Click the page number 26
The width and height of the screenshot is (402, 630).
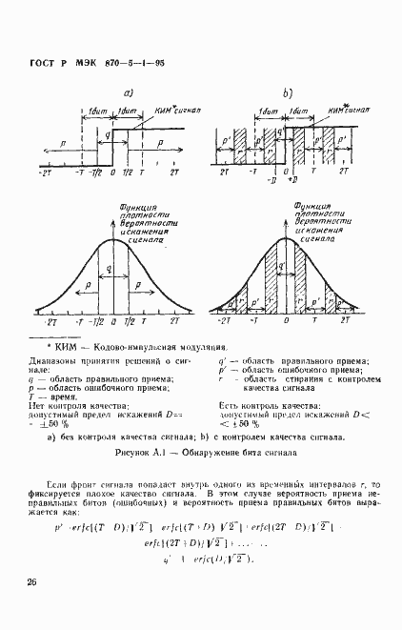coord(32,580)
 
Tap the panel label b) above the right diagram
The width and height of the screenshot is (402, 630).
coord(287,92)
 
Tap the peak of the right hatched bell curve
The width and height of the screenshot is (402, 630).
coord(286,240)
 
